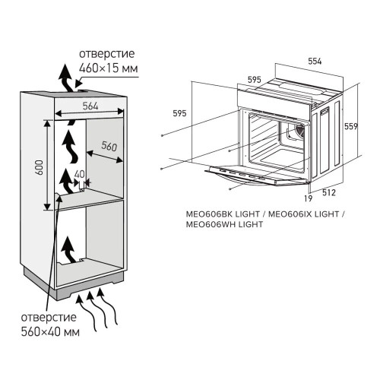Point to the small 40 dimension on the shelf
coord(80,174)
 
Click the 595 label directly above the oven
coord(255,79)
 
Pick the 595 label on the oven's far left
coord(179,113)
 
